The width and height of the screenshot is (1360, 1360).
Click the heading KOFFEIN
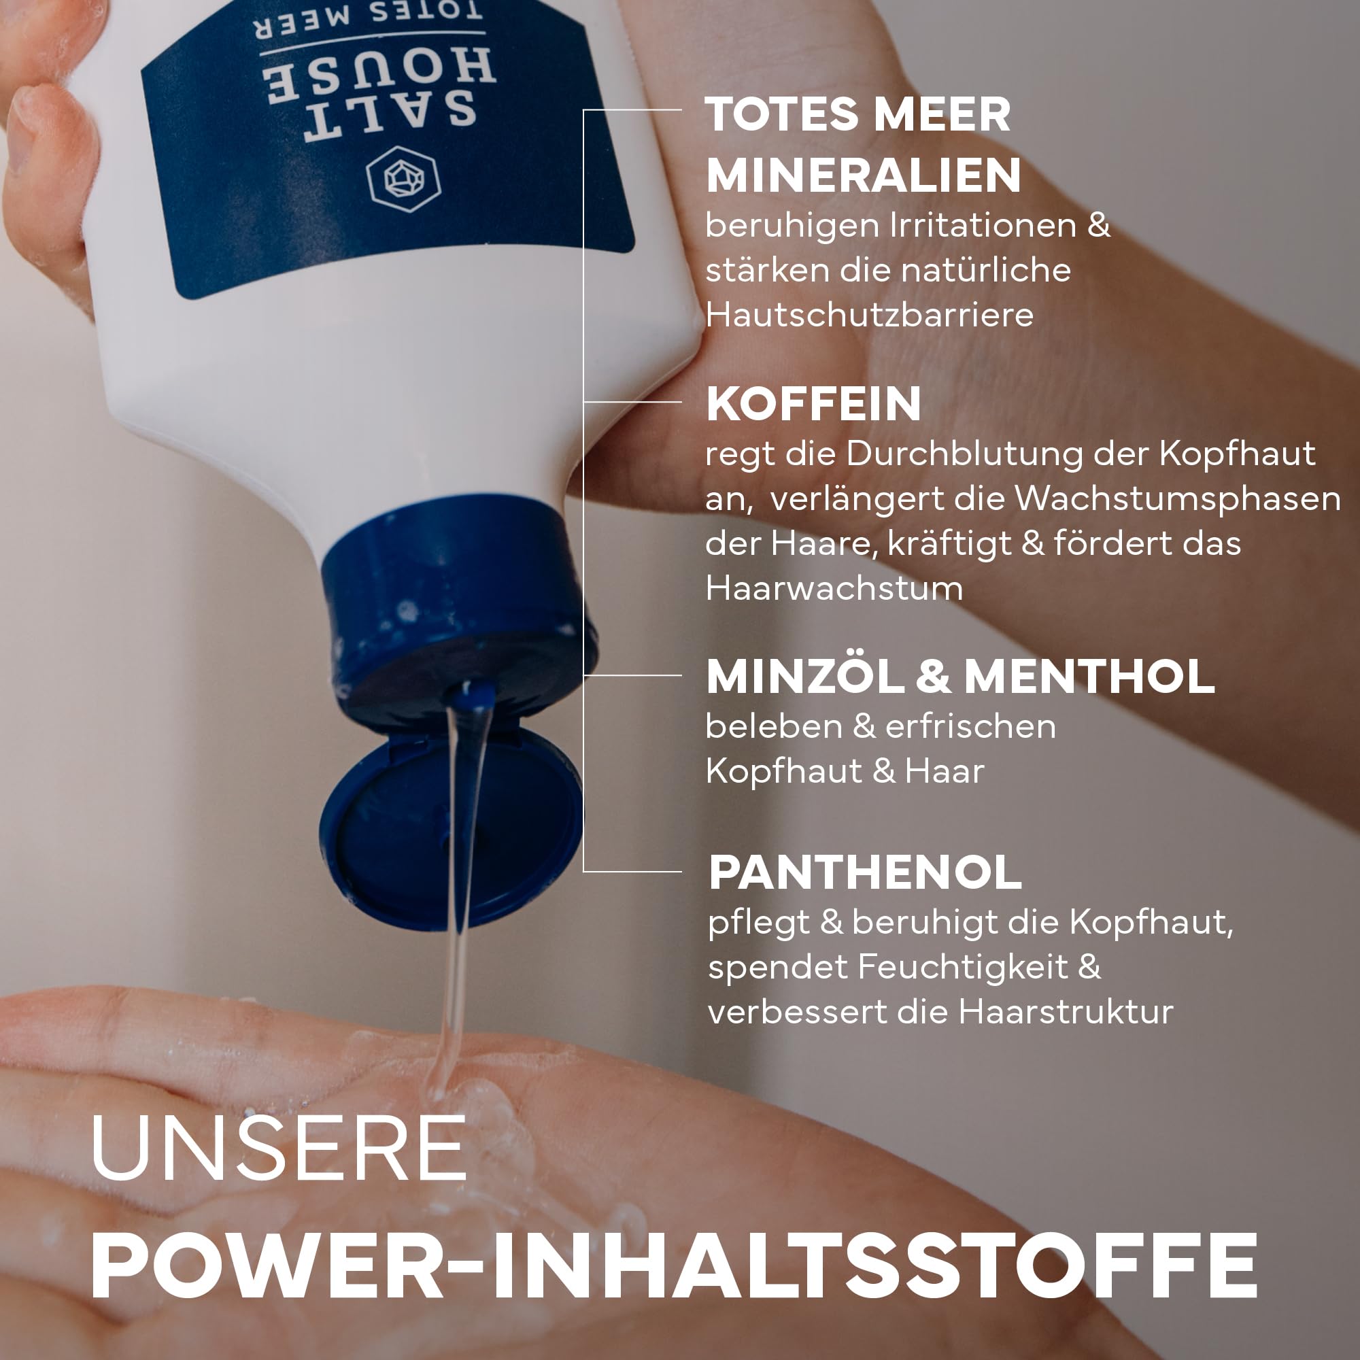point(813,404)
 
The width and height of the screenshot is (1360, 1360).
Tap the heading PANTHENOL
point(864,873)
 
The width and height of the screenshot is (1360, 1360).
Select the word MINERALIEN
point(863,175)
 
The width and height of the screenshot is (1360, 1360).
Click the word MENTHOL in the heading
point(1089,677)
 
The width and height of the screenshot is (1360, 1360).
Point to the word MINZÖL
point(805,676)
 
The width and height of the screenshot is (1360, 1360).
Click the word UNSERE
point(279,1148)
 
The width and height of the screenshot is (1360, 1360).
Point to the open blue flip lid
point(451,827)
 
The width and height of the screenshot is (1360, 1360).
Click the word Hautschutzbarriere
point(869,315)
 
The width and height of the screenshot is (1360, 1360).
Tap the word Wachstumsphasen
point(1178,499)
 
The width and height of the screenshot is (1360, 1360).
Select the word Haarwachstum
point(834,588)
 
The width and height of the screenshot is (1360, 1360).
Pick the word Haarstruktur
point(1066,1013)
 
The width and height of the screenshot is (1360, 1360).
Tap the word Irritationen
point(983,226)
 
